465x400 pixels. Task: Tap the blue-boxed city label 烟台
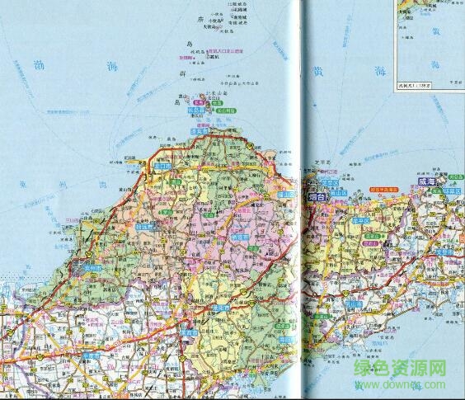click(x=318, y=198)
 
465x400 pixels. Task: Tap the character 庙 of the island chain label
click(x=189, y=21)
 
